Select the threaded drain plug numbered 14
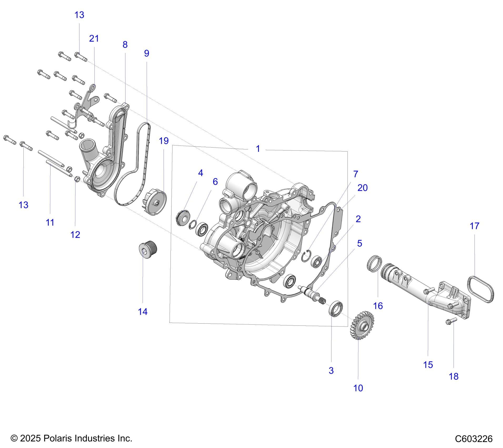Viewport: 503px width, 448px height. [x=148, y=249]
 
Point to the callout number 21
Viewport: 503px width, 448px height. [x=94, y=39]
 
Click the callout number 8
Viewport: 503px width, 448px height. [x=125, y=45]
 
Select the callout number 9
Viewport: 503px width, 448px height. [x=147, y=53]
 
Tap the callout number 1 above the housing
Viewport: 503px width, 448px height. [x=258, y=149]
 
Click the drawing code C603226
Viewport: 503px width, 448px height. [x=474, y=439]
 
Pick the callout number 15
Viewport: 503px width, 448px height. [x=428, y=365]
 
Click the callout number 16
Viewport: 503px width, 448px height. [x=378, y=306]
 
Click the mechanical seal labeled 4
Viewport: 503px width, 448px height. [x=183, y=218]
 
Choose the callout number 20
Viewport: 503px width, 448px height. [x=362, y=188]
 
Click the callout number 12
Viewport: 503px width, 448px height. [x=75, y=235]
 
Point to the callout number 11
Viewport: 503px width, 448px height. [x=50, y=223]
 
